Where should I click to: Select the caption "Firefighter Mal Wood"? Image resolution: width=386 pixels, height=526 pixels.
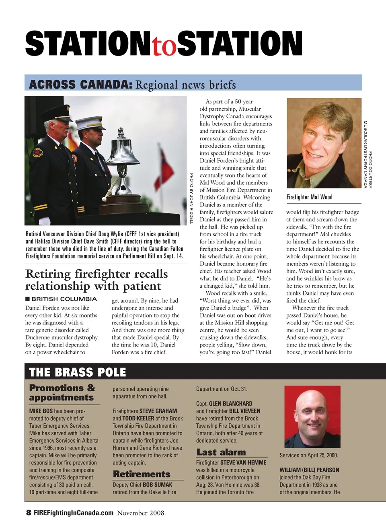click(x=309, y=197)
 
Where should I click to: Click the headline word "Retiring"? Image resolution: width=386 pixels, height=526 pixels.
click(x=48, y=274)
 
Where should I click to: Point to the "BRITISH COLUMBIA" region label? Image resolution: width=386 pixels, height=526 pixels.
click(x=64, y=299)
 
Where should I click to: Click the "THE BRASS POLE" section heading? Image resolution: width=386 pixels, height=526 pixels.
click(x=78, y=372)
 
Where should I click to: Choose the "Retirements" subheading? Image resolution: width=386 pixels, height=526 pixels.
click(x=142, y=474)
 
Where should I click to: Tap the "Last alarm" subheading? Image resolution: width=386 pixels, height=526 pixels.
click(x=221, y=452)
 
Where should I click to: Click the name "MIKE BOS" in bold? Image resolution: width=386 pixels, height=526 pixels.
click(x=41, y=411)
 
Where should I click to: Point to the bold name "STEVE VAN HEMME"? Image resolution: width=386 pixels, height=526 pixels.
click(x=243, y=463)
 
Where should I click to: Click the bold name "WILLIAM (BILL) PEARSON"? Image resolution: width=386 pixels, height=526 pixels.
click(x=309, y=470)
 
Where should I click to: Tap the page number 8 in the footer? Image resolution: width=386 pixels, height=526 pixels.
click(x=29, y=513)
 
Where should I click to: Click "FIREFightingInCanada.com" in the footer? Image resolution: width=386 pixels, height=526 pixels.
click(x=74, y=513)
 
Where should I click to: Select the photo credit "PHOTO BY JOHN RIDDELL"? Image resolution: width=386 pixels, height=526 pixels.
click(x=191, y=198)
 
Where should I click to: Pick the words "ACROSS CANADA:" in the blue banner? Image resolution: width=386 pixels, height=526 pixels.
click(x=80, y=85)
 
